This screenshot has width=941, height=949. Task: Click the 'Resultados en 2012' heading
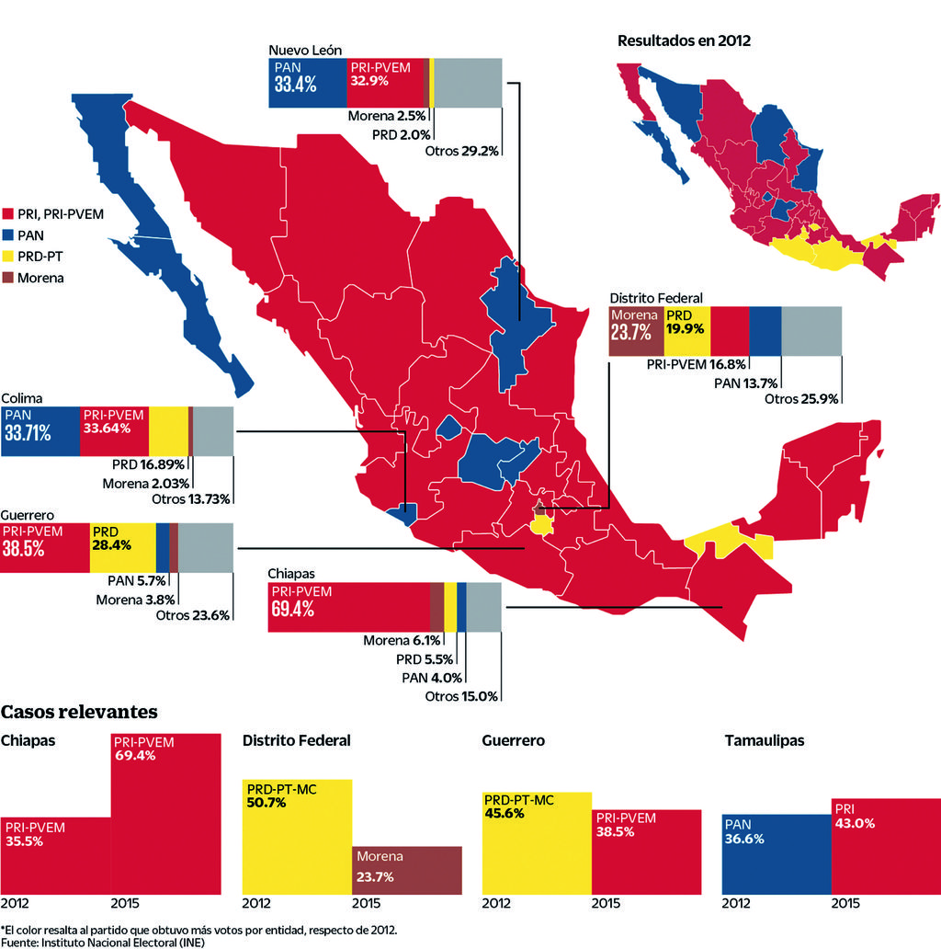coord(684,40)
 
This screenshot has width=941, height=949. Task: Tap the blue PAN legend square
coord(7,236)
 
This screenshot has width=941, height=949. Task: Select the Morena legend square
coord(7,277)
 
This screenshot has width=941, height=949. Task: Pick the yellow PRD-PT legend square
coord(7,257)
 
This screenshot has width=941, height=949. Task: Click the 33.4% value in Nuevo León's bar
coord(295,85)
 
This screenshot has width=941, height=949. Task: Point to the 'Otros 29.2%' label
coord(461,150)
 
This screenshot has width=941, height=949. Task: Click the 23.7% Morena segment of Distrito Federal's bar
coord(636,331)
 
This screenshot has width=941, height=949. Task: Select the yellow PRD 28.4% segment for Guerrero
coord(122,547)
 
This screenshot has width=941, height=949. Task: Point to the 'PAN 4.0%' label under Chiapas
coord(428,678)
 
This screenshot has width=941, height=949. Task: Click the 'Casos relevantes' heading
coord(79,712)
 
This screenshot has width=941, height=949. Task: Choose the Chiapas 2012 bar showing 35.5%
coord(55,854)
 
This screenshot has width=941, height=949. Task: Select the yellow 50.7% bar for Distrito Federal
coord(297,836)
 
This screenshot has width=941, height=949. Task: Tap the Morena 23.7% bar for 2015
coord(407,869)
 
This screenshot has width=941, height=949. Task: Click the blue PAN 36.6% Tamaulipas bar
coord(777,853)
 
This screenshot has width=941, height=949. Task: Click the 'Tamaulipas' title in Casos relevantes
coord(764,740)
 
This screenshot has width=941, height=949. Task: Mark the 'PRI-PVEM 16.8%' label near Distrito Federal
coord(696,364)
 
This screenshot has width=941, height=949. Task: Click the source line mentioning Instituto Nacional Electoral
coord(102,942)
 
